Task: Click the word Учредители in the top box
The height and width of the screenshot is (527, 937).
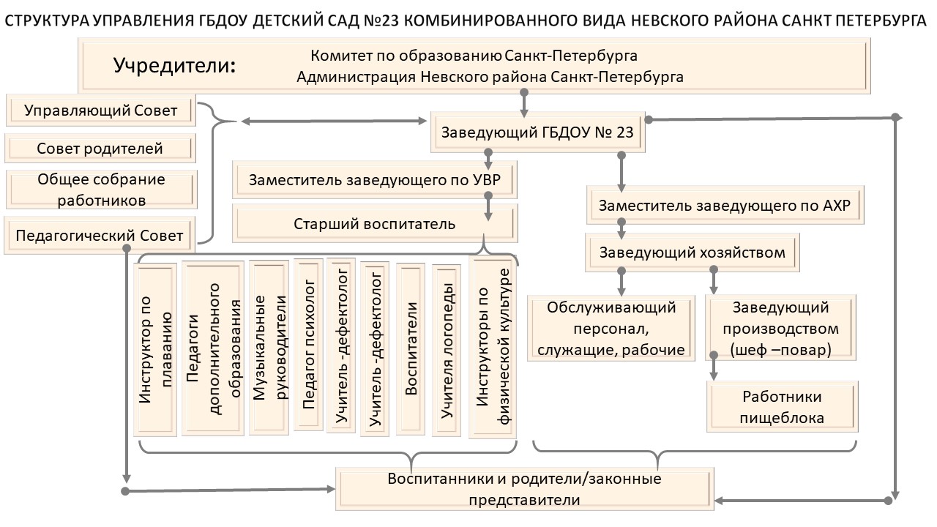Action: (174, 65)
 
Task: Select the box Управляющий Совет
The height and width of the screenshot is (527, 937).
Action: (100, 111)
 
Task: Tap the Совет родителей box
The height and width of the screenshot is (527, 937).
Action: (100, 149)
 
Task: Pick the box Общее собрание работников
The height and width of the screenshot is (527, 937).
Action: (100, 189)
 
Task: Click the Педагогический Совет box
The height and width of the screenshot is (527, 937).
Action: (100, 236)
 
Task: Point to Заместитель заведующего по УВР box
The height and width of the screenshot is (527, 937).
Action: (375, 180)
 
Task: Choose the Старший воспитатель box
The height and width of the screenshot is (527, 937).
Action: (375, 223)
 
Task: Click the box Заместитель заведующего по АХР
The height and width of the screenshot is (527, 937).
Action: (725, 206)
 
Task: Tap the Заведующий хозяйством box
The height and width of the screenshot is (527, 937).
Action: (692, 253)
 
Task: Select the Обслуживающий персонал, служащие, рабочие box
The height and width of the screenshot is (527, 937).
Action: (611, 329)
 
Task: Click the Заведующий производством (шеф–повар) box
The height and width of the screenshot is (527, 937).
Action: (781, 329)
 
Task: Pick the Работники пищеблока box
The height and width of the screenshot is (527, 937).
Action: (782, 407)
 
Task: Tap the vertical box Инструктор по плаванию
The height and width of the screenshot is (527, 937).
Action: (155, 349)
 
